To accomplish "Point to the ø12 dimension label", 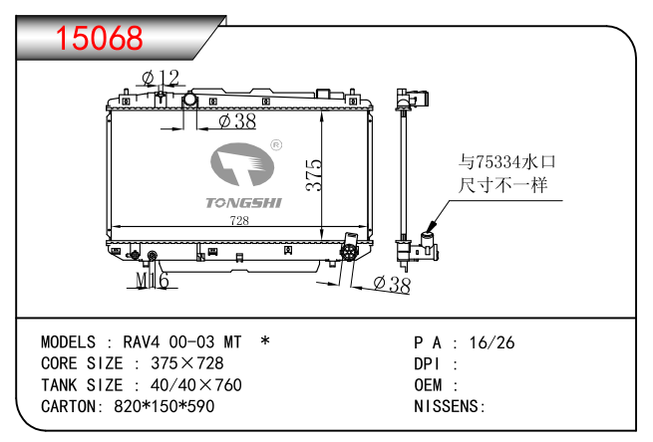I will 160,78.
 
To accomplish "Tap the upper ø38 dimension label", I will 237,120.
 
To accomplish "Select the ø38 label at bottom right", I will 392,285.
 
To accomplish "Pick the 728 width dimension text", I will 240,221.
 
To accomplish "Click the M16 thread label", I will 152,283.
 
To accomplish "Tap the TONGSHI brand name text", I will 243,203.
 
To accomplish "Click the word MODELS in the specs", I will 68,342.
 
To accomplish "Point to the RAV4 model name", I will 142,342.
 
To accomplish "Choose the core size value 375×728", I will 186,363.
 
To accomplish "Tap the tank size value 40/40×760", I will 195,385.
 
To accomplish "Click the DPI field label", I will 429,364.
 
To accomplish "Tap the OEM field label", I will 430,385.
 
